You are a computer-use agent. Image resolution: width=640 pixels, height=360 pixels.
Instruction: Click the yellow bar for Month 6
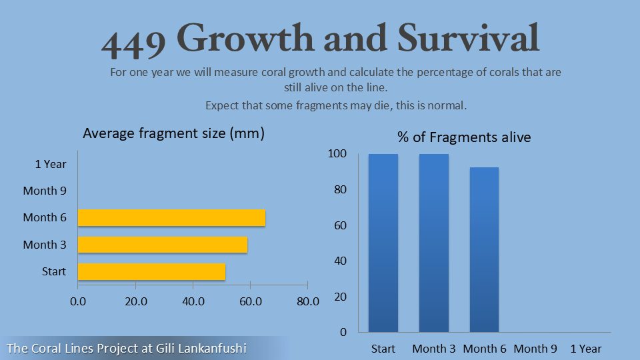pyautogui.click(x=171, y=218)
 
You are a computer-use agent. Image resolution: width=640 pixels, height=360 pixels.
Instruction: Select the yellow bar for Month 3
pyautogui.click(x=163, y=245)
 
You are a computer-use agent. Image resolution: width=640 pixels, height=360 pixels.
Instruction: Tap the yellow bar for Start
pyautogui.click(x=151, y=272)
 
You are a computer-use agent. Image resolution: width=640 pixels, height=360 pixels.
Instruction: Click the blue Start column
pyautogui.click(x=383, y=243)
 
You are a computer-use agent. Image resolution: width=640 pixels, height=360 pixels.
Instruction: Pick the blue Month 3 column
pyautogui.click(x=434, y=243)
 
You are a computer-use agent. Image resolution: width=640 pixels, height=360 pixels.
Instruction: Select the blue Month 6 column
pyautogui.click(x=484, y=249)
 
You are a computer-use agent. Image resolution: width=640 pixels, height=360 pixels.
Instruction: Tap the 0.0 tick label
pyautogui.click(x=78, y=301)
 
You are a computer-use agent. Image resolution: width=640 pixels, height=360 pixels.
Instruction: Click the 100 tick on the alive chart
pyautogui.click(x=337, y=154)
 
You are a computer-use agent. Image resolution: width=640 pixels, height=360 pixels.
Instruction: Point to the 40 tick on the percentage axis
pyautogui.click(x=340, y=261)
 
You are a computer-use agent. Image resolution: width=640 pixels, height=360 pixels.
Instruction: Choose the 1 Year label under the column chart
pyautogui.click(x=586, y=349)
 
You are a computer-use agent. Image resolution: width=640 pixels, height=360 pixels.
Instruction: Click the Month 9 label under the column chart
pyautogui.click(x=535, y=349)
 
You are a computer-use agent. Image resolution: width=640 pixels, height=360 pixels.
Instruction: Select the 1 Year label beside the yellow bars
pyautogui.click(x=51, y=164)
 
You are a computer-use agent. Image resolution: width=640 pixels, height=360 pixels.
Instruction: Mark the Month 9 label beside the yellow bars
pyautogui.click(x=45, y=191)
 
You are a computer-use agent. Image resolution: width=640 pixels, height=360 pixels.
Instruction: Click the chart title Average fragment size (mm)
pyautogui.click(x=173, y=133)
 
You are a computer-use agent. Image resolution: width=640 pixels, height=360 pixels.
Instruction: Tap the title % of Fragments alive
pyautogui.click(x=464, y=137)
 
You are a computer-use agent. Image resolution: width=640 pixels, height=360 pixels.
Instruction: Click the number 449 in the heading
pyautogui.click(x=133, y=41)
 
